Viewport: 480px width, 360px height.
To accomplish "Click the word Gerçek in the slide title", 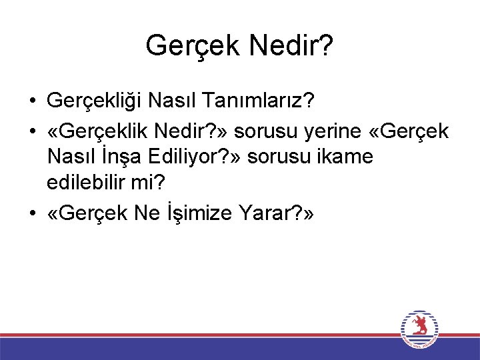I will pyautogui.click(x=191, y=46).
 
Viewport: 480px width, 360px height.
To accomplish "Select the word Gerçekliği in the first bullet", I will pyautogui.click(x=95, y=101).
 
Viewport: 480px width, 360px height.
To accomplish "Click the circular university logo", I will pyautogui.click(x=419, y=329).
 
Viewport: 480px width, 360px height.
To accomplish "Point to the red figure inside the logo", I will pyautogui.click(x=419, y=326).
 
